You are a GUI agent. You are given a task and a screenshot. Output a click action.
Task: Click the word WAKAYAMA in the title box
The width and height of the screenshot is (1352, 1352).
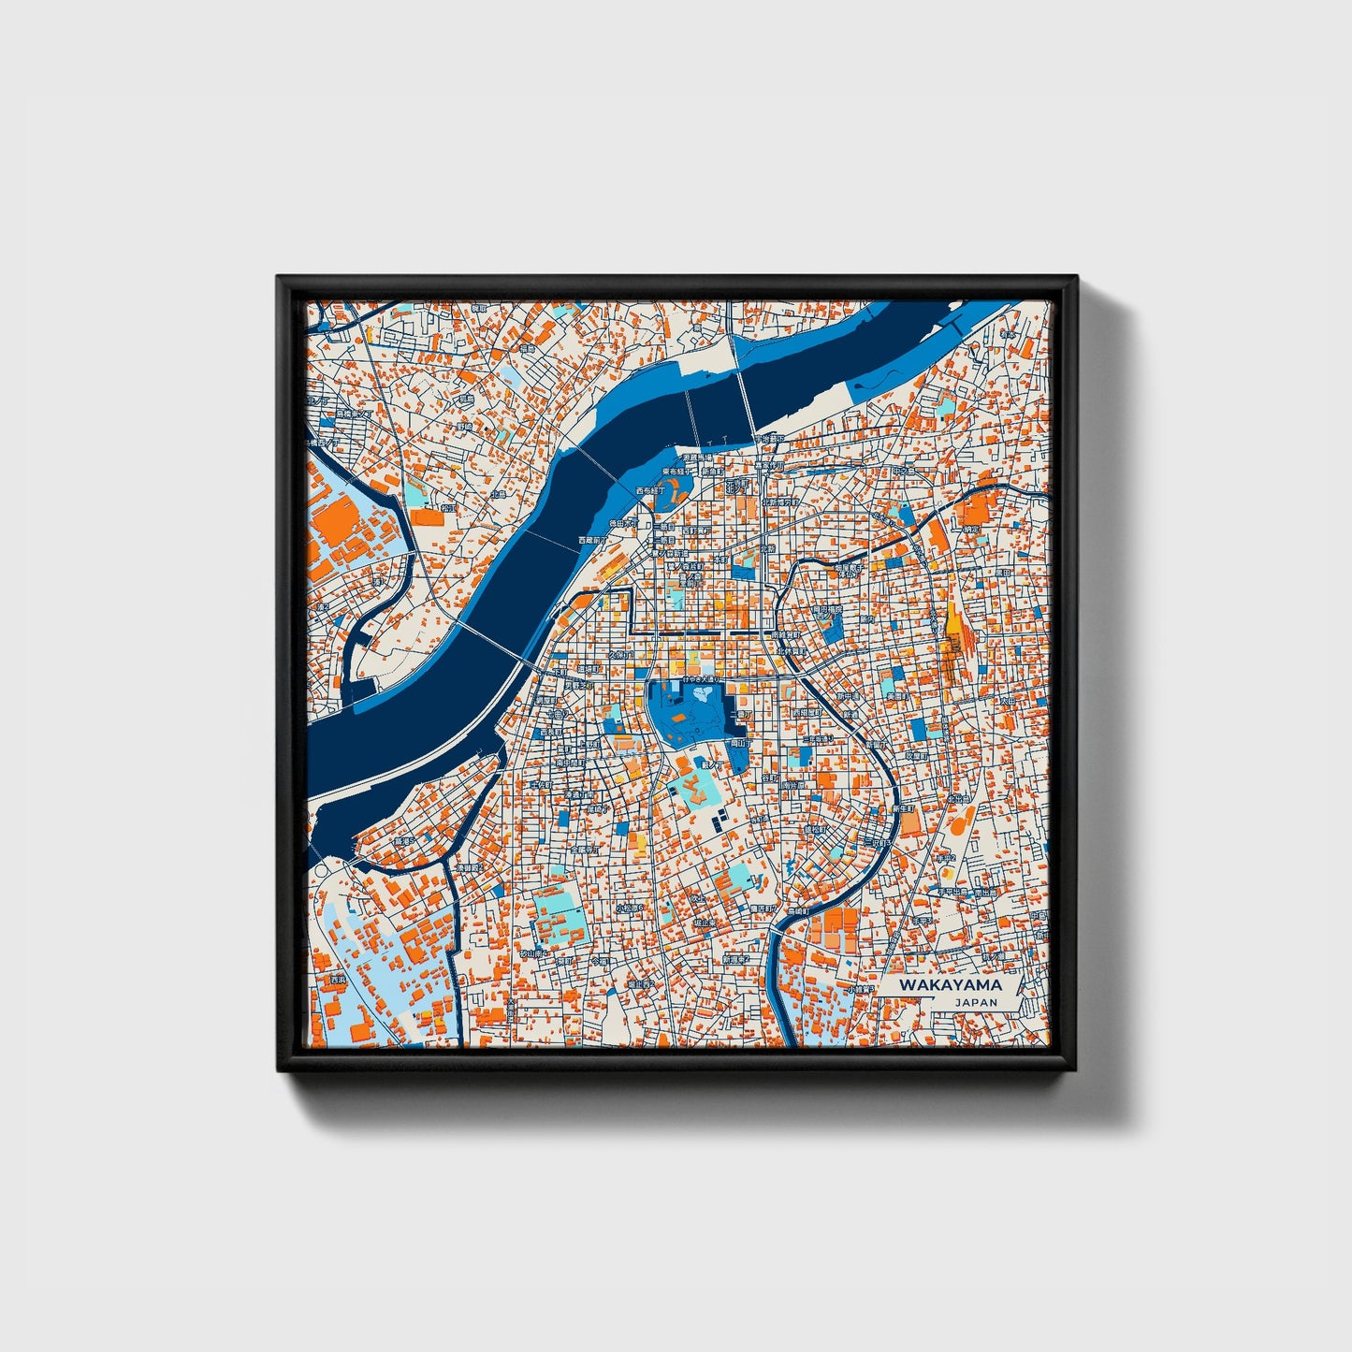(950, 984)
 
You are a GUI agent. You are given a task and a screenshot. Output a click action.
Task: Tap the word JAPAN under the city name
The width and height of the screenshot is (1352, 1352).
(976, 1002)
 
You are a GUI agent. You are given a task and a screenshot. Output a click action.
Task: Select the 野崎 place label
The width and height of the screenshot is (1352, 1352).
(464, 426)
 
